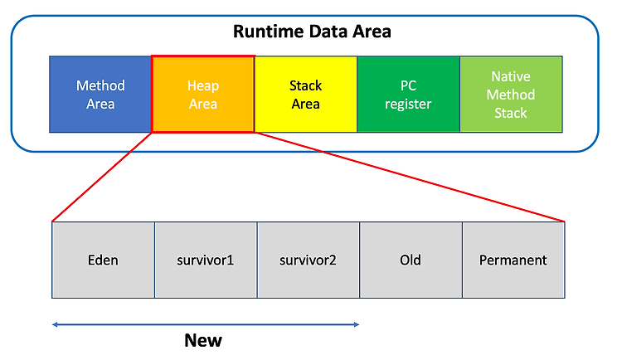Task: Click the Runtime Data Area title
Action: [x=312, y=32]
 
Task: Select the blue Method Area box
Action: [x=100, y=94]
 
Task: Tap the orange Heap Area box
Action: [x=203, y=94]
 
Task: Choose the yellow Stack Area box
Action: [x=306, y=94]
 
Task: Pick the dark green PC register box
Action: [x=409, y=94]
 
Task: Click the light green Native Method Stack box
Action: [x=512, y=94]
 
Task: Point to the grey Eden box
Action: [x=103, y=260]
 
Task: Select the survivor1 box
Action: [x=206, y=260]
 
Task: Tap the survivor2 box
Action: [x=309, y=260]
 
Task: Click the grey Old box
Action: [x=411, y=260]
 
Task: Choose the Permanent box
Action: [x=513, y=260]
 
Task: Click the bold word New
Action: [x=203, y=340]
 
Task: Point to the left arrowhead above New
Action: [x=55, y=324]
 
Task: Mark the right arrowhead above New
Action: [x=357, y=324]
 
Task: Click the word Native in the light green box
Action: [x=511, y=76]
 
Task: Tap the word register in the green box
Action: [x=408, y=105]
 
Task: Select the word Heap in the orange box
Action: [x=203, y=85]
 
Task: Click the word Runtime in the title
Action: [x=270, y=32]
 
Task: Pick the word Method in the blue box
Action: [x=100, y=85]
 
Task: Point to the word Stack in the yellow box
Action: [x=305, y=85]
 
